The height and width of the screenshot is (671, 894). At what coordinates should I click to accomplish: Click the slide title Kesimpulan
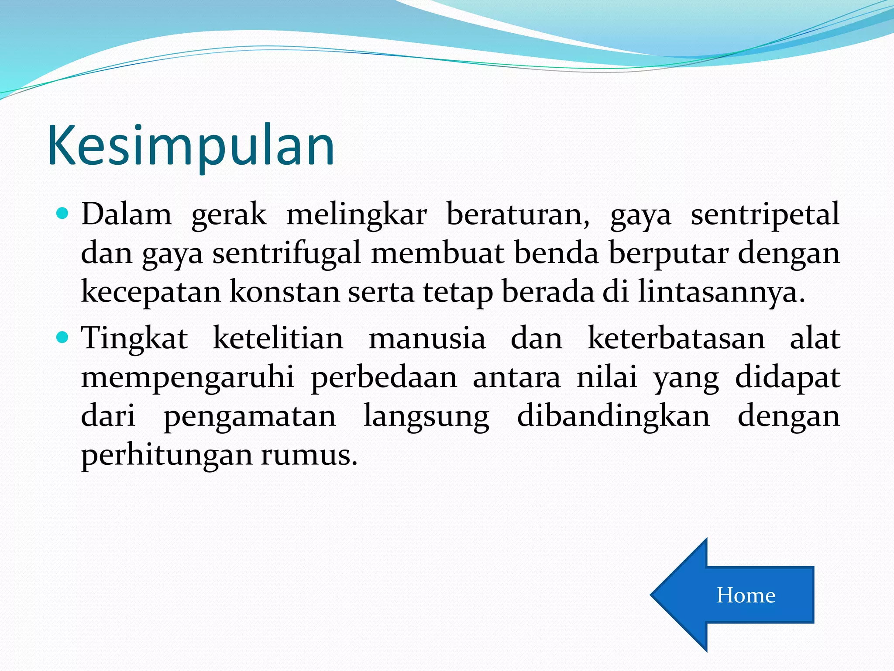tap(191, 146)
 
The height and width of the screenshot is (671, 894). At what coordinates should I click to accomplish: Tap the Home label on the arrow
tap(746, 595)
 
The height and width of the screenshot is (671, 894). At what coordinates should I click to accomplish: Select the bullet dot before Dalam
tap(63, 214)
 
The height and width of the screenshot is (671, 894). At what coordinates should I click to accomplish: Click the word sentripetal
tap(765, 214)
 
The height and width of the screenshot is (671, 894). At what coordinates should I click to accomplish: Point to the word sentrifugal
tap(287, 253)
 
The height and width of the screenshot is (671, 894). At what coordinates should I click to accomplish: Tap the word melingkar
tap(356, 214)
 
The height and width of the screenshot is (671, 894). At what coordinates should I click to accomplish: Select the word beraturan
tap(518, 214)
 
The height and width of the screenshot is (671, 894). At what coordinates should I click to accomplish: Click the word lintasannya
tap(721, 292)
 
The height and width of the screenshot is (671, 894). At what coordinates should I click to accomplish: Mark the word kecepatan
tap(151, 292)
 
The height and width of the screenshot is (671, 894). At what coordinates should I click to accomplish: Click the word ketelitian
tap(278, 338)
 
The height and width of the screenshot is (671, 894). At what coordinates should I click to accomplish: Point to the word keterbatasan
tap(676, 338)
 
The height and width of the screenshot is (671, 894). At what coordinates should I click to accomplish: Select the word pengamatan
tap(250, 416)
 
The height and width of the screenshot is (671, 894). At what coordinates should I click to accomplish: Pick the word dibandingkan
tap(613, 416)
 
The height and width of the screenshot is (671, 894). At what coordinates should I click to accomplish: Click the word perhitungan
tap(167, 455)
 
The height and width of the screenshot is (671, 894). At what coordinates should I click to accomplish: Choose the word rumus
tap(309, 455)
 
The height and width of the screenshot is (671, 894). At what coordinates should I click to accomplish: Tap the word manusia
tap(427, 338)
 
